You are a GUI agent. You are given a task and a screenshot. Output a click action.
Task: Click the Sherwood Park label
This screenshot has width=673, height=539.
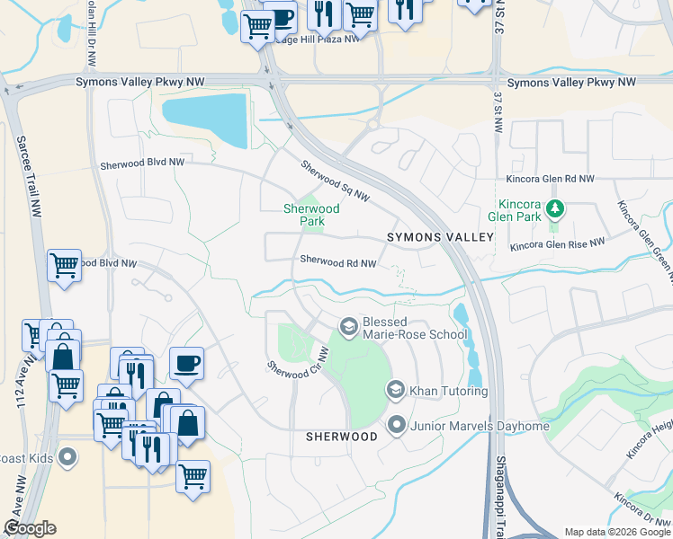point(311,215)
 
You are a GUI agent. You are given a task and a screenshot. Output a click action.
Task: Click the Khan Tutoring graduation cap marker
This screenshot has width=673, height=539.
point(395,390)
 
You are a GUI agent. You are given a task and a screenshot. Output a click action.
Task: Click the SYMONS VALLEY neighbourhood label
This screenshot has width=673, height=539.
point(440,236)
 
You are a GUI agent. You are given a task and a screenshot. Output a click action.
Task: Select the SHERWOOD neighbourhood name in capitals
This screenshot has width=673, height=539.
point(340,436)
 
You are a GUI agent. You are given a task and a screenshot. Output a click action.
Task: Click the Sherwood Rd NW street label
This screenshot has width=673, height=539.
point(337,262)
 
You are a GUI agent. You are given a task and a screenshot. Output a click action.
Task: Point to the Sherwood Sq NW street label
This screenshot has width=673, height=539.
point(335,181)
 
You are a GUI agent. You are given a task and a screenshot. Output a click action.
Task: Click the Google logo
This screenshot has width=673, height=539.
point(30,528)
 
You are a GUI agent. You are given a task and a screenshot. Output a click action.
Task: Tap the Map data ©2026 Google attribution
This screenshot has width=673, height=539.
point(616,532)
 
